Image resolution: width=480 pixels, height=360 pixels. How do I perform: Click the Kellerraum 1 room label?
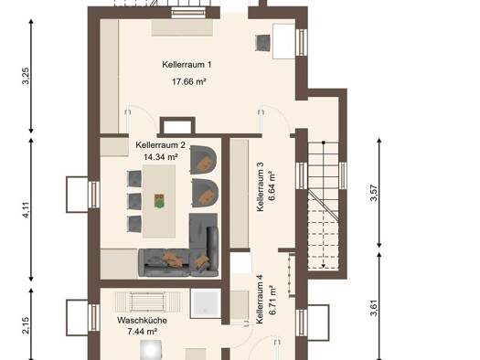187,65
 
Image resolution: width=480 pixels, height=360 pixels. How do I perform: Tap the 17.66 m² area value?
188,81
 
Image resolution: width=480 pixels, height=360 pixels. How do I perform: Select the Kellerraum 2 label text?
160,144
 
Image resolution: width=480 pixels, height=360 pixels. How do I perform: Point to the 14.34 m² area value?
161,157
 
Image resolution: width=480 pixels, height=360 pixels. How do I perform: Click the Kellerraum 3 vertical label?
261,186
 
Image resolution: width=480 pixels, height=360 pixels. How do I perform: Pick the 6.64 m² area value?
272,185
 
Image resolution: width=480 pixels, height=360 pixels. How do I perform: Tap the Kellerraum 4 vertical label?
260,300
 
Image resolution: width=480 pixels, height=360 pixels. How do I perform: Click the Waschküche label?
142,321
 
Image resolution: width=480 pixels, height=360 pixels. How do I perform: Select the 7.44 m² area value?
143,332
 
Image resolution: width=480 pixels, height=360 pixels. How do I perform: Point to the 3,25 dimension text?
26,76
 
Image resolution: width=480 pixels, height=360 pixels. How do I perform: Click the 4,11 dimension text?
26,210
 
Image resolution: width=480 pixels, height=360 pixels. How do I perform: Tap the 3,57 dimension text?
374,194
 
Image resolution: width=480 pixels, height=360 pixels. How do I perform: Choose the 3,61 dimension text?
374,308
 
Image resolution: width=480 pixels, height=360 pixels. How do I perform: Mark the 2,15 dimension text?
26,326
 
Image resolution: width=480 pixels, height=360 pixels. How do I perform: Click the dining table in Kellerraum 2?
159,201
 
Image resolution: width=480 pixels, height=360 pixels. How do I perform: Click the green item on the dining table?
159,201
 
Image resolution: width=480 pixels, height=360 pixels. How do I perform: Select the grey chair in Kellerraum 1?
263,43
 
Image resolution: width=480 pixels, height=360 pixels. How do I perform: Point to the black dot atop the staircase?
324,143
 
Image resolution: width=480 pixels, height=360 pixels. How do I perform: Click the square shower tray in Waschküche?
206,303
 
